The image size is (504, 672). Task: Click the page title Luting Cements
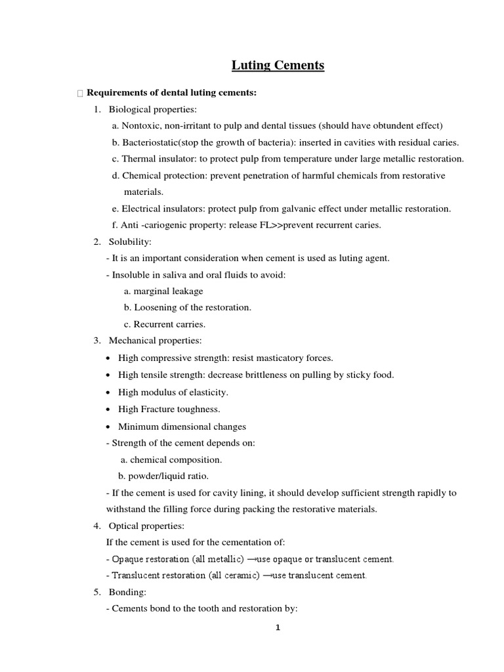pyautogui.click(x=278, y=65)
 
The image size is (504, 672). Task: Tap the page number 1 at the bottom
pyautogui.click(x=278, y=627)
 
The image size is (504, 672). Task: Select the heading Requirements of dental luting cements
pyautogui.click(x=171, y=93)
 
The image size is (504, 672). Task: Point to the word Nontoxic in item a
pyautogui.click(x=140, y=125)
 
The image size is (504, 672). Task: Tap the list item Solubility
pyautogui.click(x=130, y=242)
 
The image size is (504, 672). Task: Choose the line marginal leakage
pyautogui.click(x=163, y=291)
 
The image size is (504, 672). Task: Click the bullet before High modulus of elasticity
pyautogui.click(x=108, y=392)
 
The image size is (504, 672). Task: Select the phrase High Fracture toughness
pyautogui.click(x=169, y=409)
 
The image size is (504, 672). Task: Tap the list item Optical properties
pyautogui.click(x=146, y=526)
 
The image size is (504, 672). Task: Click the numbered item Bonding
pyautogui.click(x=127, y=592)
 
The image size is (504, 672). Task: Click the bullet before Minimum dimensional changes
pyautogui.click(x=108, y=427)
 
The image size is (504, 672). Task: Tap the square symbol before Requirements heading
pyautogui.click(x=80, y=94)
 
